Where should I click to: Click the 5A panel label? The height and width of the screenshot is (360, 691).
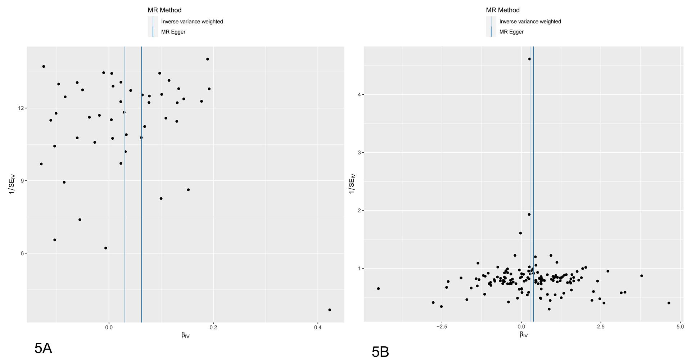pos(43,348)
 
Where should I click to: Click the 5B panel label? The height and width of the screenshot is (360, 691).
pos(380,352)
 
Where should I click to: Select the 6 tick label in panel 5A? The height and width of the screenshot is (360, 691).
pos(22,253)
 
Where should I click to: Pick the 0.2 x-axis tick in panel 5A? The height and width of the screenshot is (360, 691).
pos(213,327)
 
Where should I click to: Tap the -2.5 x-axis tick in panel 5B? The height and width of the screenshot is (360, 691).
pos(442,327)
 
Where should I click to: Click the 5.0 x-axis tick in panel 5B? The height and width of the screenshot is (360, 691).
pos(680,327)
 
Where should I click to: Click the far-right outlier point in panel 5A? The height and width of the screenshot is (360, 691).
pos(330,310)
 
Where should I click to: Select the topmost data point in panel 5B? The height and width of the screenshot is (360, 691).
pos(529,59)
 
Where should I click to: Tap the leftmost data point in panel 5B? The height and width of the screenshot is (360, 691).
pos(378,289)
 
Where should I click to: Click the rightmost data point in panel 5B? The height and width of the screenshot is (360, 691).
pos(669,303)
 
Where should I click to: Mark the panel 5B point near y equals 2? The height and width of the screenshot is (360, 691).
pos(529,215)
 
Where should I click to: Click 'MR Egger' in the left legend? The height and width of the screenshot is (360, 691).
pos(173,32)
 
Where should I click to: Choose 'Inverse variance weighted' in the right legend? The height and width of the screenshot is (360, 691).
pos(530,22)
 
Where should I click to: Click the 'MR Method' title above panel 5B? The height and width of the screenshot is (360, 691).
pos(503,10)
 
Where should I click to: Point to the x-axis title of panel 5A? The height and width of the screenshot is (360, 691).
pos(185,336)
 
